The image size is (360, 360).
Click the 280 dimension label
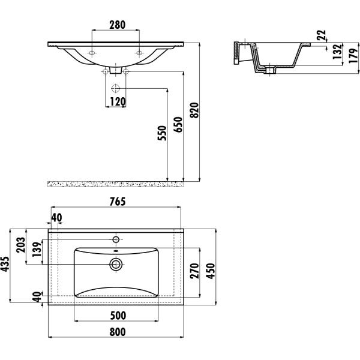click(x=118, y=25)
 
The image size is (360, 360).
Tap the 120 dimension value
click(x=118, y=102)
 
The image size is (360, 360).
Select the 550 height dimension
click(x=162, y=133)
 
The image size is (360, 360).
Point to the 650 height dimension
click(x=178, y=125)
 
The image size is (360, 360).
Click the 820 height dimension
click(x=194, y=110)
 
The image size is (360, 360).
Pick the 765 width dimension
click(x=118, y=202)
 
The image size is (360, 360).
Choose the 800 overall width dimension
click(x=118, y=332)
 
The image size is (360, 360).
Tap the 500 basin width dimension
click(x=118, y=316)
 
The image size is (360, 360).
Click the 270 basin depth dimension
click(x=194, y=271)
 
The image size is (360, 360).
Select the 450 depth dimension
click(x=211, y=271)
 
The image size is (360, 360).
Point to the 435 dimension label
click(x=5, y=264)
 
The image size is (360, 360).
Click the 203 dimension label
click(x=20, y=245)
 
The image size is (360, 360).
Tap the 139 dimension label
click(x=37, y=250)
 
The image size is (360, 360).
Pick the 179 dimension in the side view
click(x=354, y=56)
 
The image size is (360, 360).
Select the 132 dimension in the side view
click(x=337, y=52)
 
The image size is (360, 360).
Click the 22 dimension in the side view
click(x=321, y=35)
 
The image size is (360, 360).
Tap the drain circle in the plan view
click(x=116, y=265)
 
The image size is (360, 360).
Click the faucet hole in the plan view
click(x=116, y=239)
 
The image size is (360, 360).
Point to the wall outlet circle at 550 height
click(x=115, y=88)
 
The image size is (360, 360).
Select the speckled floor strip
click(x=116, y=184)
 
